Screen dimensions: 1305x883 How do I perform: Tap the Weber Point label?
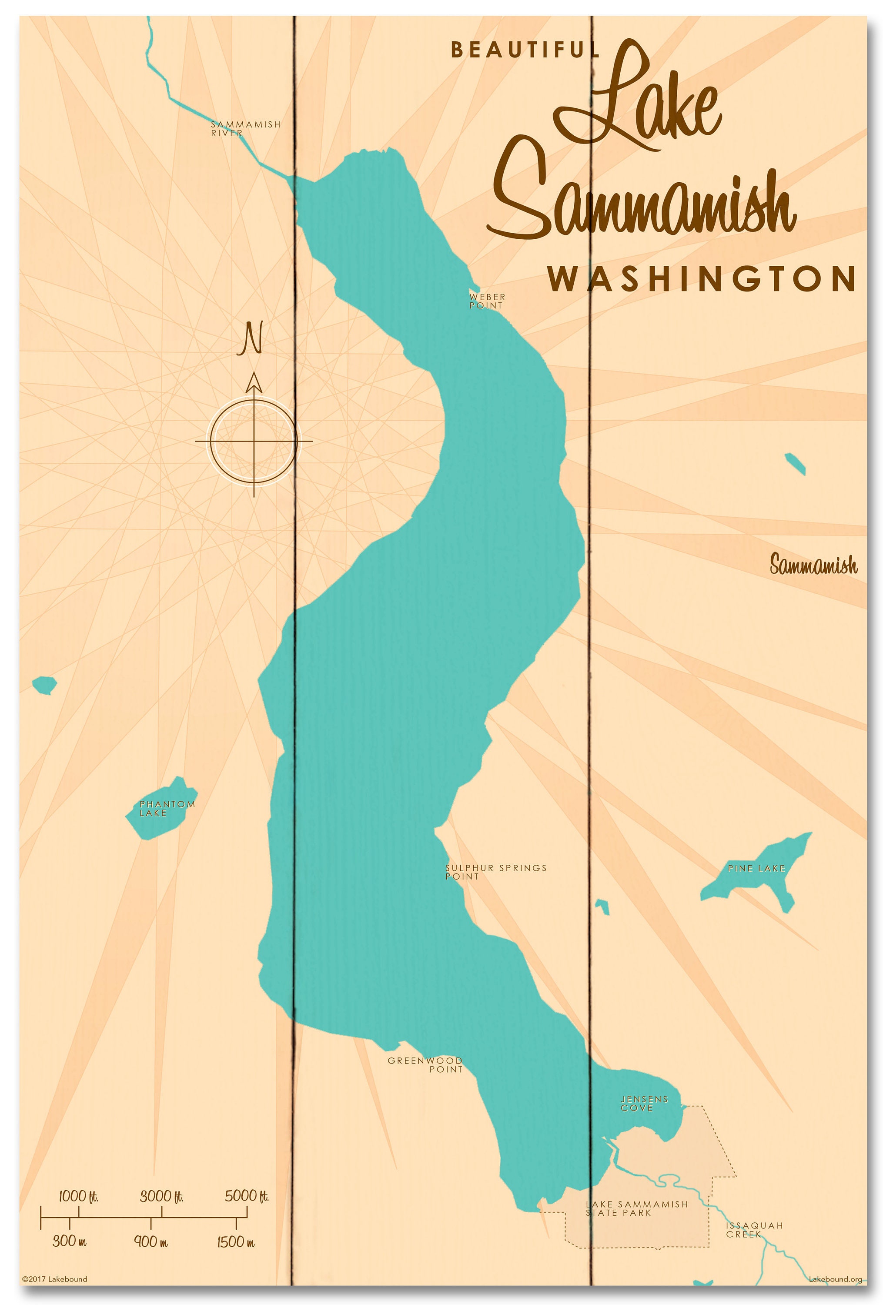487,301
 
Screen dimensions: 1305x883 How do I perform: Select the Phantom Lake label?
167,808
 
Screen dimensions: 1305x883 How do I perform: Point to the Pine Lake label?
756,868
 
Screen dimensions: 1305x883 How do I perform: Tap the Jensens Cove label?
644,1104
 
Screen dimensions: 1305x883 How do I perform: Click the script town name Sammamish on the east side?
813,565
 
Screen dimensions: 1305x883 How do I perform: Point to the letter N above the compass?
251,338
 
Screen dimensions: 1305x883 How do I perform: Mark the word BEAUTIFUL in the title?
525,50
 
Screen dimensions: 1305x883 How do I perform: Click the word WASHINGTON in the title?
702,279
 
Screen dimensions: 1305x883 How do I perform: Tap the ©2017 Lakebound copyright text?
54,1279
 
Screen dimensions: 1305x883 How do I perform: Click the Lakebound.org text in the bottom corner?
835,1279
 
